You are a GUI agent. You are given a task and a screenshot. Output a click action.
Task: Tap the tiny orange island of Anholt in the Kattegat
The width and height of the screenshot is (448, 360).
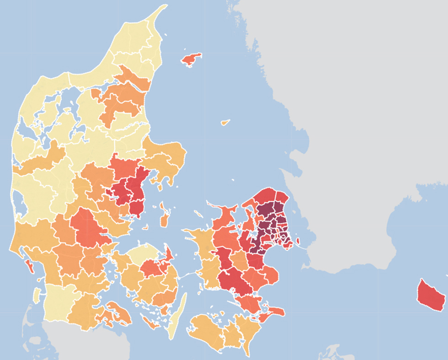click(x=225, y=122)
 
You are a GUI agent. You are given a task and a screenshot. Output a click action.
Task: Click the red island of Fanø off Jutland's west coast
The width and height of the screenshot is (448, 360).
click(x=29, y=265)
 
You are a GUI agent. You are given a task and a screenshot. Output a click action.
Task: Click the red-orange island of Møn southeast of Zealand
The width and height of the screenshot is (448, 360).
click(x=274, y=312)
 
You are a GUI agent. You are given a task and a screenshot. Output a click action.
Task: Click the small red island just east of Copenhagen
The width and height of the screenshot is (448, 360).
click(x=298, y=240)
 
